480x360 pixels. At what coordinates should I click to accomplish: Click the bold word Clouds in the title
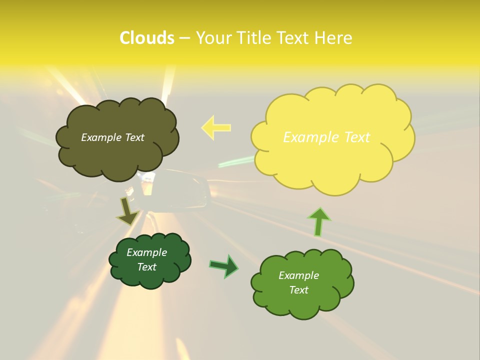tap(146, 38)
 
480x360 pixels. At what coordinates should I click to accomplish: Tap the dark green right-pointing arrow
tap(224, 266)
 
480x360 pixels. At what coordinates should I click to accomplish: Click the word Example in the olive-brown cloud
tap(101, 137)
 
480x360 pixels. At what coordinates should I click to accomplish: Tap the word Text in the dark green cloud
tap(147, 267)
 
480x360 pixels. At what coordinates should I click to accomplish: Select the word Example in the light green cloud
tap(298, 275)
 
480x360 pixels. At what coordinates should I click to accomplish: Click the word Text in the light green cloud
tap(298, 290)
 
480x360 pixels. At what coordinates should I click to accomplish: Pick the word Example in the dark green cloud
tap(147, 252)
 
